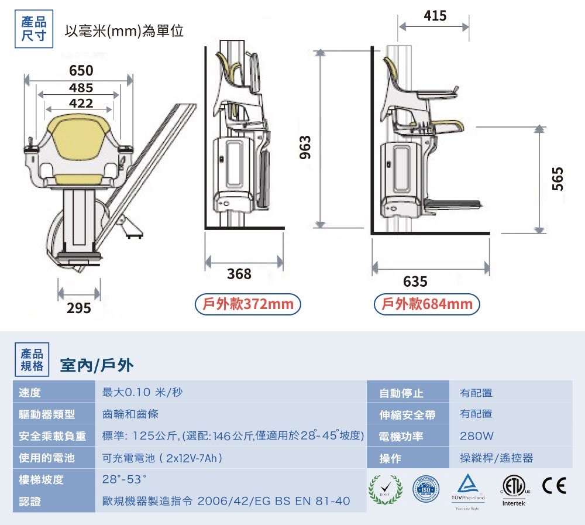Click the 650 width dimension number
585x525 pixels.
[81, 71]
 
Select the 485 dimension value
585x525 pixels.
[81, 88]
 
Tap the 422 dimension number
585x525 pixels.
[81, 104]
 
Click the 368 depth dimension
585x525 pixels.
[239, 273]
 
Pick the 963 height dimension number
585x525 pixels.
[305, 147]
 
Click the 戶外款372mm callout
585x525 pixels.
[248, 304]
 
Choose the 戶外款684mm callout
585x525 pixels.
[427, 304]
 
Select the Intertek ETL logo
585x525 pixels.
[514, 488]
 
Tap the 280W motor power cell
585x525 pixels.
[477, 436]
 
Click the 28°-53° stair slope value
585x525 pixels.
[123, 479]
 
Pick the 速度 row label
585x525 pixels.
[29, 392]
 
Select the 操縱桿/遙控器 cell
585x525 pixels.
[496, 458]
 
